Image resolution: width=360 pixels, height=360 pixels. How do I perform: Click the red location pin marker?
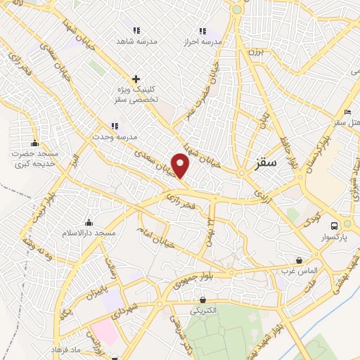[181, 167]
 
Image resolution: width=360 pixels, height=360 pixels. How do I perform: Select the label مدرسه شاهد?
[138, 41]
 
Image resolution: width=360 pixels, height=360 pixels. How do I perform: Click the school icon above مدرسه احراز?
[202, 31]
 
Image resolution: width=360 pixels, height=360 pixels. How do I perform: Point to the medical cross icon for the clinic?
[136, 79]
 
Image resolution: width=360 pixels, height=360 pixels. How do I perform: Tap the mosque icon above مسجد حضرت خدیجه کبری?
[34, 144]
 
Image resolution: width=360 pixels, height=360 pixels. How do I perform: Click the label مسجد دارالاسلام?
[89, 232]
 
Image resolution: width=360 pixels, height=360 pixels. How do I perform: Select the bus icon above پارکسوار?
[335, 226]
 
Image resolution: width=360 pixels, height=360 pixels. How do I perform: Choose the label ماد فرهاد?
[67, 349]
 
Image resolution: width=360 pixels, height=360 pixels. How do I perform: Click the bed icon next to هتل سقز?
[347, 112]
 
